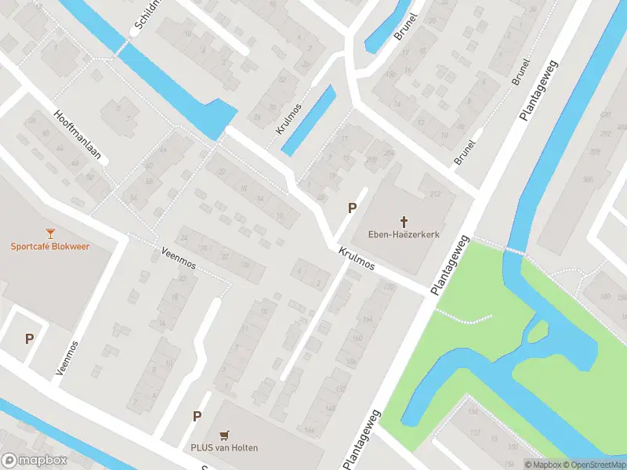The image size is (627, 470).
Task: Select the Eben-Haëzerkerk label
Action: [404, 233]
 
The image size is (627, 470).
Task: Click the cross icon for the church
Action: [405, 221]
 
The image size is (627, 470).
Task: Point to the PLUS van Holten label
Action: [224, 447]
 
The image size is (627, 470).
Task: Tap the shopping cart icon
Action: [226, 435]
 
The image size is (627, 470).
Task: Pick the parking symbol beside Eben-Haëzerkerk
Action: [353, 208]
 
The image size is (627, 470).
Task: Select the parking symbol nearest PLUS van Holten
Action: [198, 416]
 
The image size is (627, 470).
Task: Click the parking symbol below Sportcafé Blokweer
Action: [30, 339]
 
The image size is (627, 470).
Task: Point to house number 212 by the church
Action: [437, 194]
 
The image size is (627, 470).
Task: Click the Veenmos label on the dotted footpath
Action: [176, 258]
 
